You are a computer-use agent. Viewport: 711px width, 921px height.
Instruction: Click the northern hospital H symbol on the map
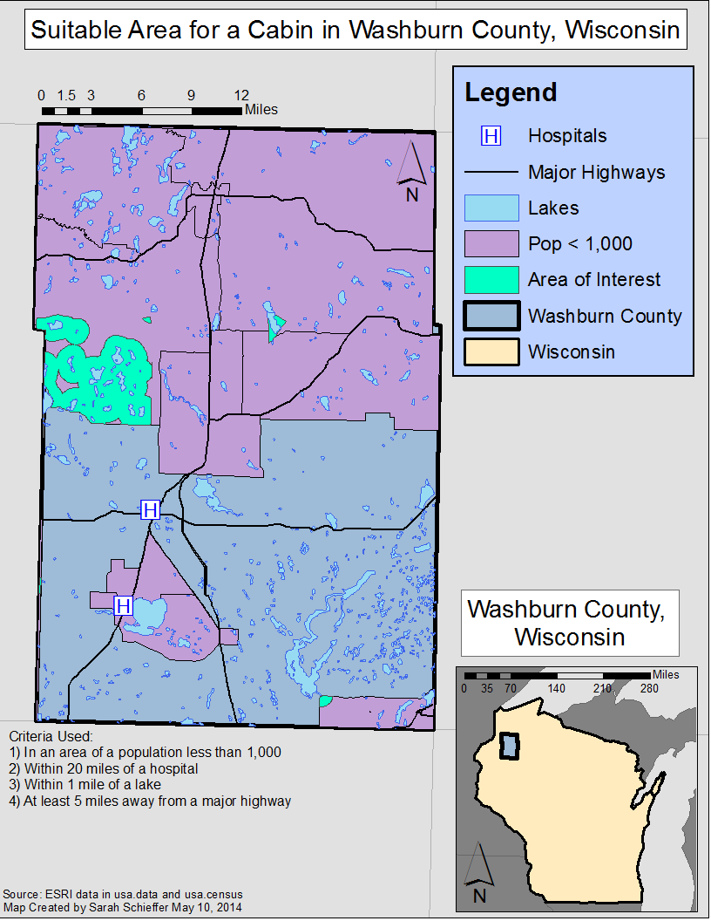coord(151,509)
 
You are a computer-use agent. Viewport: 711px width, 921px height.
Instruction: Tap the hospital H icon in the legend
coord(491,136)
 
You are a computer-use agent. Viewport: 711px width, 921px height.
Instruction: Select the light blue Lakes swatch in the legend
coord(491,208)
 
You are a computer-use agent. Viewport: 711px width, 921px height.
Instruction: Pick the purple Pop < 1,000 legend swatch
coord(491,243)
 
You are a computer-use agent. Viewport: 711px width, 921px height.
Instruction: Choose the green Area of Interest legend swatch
coord(491,280)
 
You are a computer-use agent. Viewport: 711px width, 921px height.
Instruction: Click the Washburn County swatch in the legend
coord(491,316)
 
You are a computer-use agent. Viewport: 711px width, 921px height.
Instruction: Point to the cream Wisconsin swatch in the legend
coord(491,351)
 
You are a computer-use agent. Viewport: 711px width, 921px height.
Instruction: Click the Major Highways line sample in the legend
coord(491,173)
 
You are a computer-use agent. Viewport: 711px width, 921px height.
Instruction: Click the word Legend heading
coord(511,92)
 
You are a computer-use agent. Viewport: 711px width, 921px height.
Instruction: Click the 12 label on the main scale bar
coord(241,95)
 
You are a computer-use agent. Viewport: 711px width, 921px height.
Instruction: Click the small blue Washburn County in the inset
coord(509,747)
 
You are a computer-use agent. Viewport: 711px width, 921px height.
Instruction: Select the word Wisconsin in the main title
coord(621,30)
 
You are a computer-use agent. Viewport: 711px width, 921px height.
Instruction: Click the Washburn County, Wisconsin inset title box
coord(569,623)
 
